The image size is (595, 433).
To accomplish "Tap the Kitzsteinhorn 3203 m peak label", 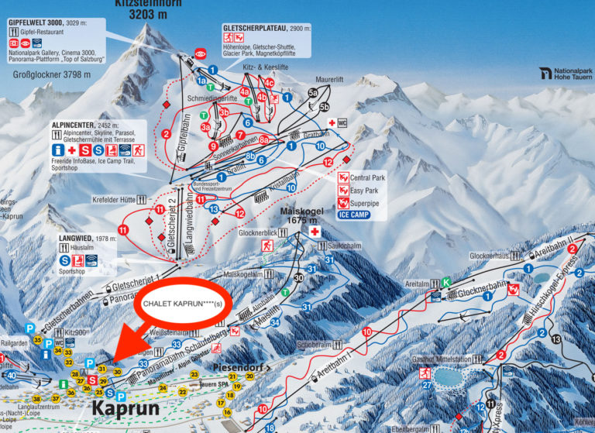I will [x=152, y=9].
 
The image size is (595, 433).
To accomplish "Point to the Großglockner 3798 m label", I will [x=52, y=75].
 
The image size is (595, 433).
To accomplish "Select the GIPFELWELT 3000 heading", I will [x=38, y=23].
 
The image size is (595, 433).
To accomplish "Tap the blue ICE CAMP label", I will [x=354, y=215].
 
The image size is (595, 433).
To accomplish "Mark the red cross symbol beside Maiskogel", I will [x=315, y=232].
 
